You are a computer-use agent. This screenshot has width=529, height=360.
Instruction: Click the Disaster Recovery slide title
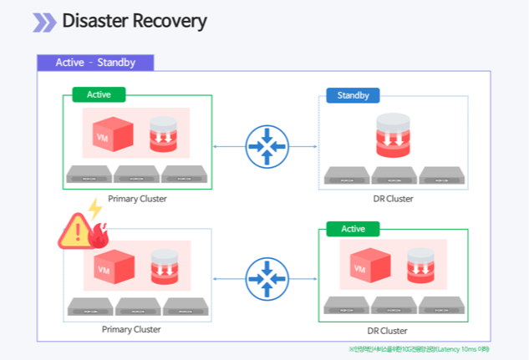point(134,22)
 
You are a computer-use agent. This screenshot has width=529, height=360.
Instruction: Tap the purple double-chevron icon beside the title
point(44,23)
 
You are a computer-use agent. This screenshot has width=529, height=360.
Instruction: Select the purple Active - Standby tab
point(96,63)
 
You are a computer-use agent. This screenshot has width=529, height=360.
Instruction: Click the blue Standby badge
point(353,95)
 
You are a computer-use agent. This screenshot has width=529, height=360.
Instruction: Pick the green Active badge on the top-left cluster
point(99,94)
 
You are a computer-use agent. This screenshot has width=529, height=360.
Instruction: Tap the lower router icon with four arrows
point(267,278)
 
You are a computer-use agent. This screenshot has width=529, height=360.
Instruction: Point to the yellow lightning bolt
point(95,209)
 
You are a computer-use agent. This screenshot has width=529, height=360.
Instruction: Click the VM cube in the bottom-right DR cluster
point(365,267)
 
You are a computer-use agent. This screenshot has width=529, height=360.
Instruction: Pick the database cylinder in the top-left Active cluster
point(164,134)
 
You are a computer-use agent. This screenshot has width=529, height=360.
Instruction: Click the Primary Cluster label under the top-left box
point(137,199)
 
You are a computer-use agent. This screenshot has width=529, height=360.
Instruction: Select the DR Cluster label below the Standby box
point(393,199)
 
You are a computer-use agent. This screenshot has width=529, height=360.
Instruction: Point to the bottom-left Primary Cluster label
point(131,329)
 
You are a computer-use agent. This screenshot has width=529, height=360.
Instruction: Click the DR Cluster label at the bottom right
point(389,331)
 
